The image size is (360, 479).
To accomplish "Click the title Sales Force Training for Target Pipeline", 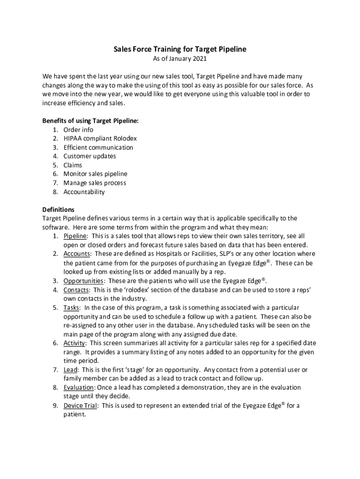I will [180, 49].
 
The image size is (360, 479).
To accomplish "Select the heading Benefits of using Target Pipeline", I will [90, 121].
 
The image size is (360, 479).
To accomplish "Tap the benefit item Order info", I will [78, 130].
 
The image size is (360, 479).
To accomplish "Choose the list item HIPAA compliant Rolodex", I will [100, 138].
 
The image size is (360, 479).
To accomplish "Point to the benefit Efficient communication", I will [98, 147].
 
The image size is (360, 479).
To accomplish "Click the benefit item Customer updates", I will [90, 156].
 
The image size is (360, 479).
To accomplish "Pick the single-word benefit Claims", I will [72, 165].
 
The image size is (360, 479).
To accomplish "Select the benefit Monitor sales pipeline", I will [95, 174].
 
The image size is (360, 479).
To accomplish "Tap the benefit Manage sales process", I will [95, 183].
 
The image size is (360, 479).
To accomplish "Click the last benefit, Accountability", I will [84, 192].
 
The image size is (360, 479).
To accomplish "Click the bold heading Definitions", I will [58, 210].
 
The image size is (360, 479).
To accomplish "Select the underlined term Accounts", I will [76, 254].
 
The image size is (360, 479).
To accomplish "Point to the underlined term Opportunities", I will [83, 281].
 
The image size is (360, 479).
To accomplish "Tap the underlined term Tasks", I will [72, 308].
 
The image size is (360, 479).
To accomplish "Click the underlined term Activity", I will [74, 343].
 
